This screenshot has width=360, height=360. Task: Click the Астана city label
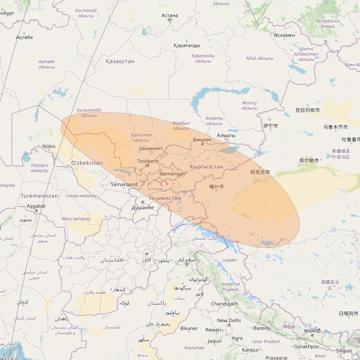pyautogui.click(x=170, y=15)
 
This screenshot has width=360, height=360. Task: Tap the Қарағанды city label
pyautogui.click(x=187, y=45)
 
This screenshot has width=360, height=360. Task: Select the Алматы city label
pyautogui.click(x=226, y=135)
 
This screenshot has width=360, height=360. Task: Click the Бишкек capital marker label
pyautogui.click(x=202, y=139)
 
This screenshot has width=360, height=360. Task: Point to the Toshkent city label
pyautogui.click(x=148, y=161)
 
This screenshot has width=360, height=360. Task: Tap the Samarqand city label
pyautogui.click(x=124, y=184)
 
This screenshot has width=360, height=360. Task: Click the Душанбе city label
pyautogui.click(x=143, y=207)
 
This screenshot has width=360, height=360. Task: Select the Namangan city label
pyautogui.click(x=172, y=174)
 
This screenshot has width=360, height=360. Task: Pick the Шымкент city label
pyautogui.click(x=151, y=148)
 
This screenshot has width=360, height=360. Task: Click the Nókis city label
pyautogui.click(x=49, y=146)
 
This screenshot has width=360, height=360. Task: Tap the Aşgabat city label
pyautogui.click(x=36, y=206)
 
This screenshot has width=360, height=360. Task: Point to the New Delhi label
pyautogui.click(x=229, y=320)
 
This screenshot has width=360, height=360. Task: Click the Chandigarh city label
pyautogui.click(x=225, y=304)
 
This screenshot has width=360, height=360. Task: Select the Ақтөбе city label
pyautogui.click(x=24, y=37)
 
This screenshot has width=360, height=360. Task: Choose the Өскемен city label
pyautogui.click(x=284, y=35)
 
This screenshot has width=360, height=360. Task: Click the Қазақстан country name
pyautogui.click(x=120, y=61)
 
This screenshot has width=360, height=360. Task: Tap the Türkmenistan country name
pyautogui.click(x=39, y=196)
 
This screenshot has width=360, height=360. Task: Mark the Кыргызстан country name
pyautogui.click(x=207, y=166)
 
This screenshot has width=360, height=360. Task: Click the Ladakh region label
pyautogui.click(x=229, y=260)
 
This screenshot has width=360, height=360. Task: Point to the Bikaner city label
pyautogui.click(x=189, y=328)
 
